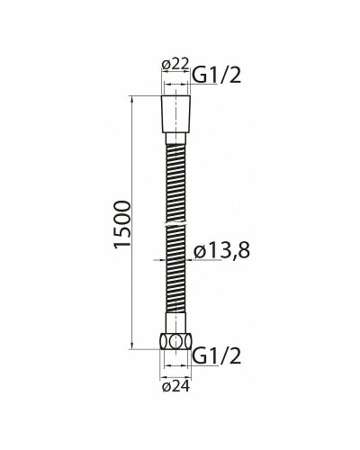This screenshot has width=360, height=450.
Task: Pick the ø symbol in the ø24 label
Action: pyautogui.click(x=166, y=388)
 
